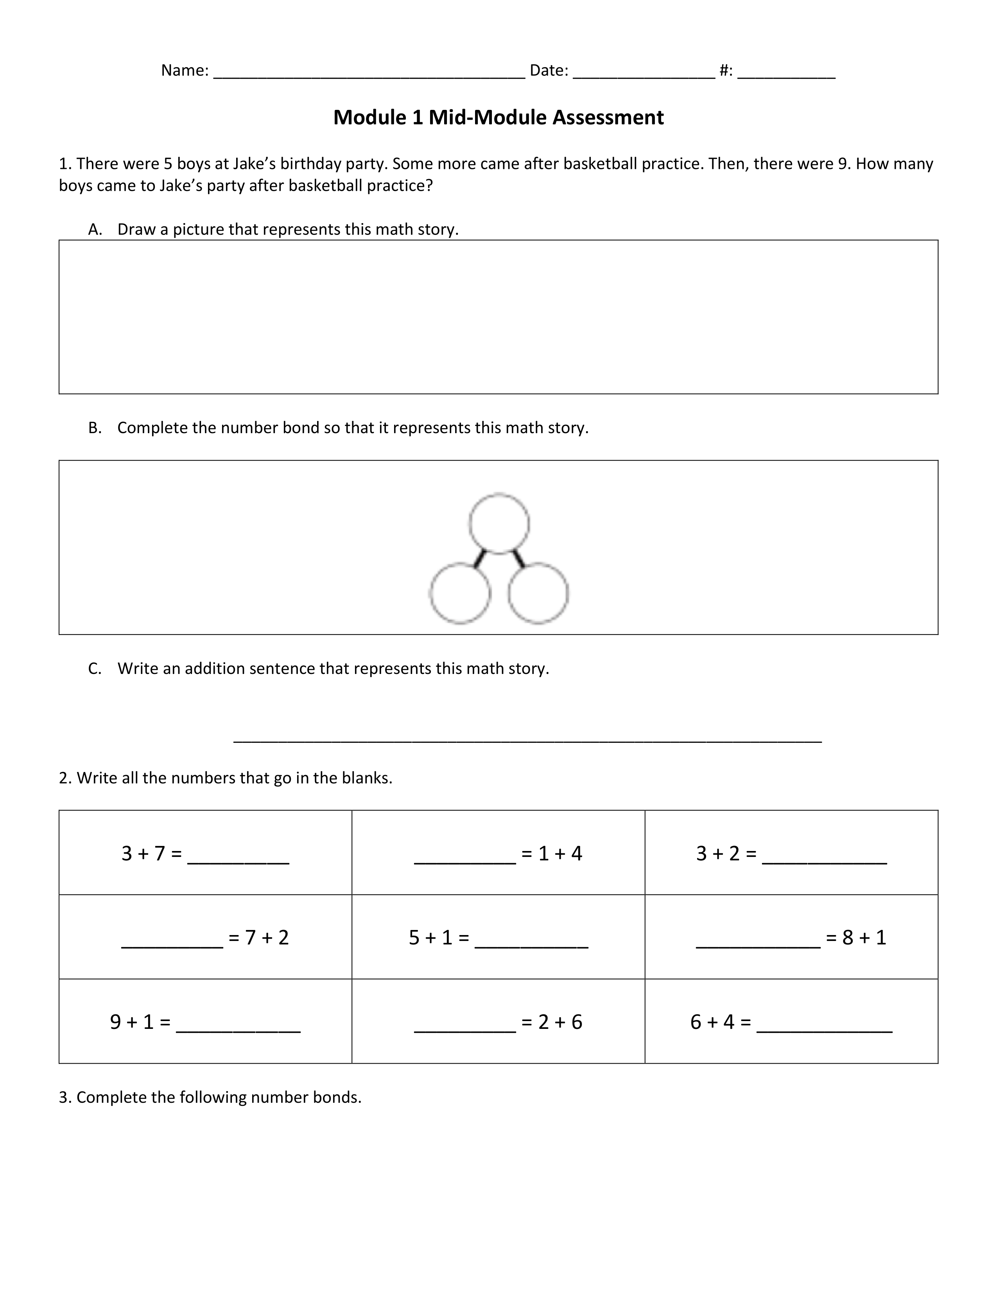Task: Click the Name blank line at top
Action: (x=369, y=75)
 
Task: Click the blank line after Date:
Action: (x=644, y=75)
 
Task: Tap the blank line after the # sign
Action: (x=786, y=75)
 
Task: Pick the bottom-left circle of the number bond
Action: (x=459, y=593)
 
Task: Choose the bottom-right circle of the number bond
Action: (x=538, y=593)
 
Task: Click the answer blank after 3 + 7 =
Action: (x=238, y=861)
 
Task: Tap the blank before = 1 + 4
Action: (x=465, y=861)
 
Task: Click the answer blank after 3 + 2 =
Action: (x=825, y=861)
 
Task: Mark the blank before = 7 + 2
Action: (x=172, y=946)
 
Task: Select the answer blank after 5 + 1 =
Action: (x=531, y=946)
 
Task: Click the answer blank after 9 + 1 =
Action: (x=238, y=1030)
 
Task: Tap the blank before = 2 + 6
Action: (x=465, y=1030)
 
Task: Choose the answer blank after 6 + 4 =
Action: (x=824, y=1030)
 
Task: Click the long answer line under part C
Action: (x=527, y=740)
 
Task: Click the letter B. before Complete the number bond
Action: (x=95, y=428)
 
